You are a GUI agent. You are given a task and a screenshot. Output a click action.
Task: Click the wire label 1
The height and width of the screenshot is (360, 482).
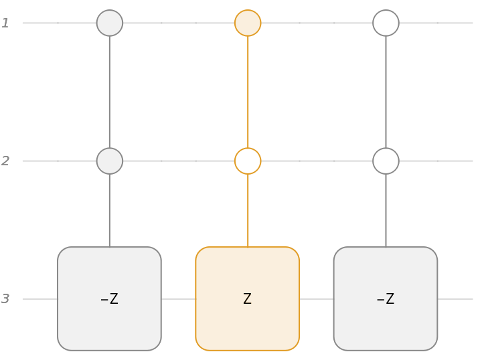click(x=5, y=23)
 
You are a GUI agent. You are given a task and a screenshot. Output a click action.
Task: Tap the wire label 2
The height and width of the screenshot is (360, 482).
click(x=5, y=161)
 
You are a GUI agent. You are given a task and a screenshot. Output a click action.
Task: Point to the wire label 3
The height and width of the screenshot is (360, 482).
click(x=5, y=299)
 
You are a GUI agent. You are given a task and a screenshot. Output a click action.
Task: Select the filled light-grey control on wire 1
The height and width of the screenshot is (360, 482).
click(x=110, y=23)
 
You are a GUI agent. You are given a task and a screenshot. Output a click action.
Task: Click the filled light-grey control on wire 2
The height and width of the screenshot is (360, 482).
click(x=110, y=161)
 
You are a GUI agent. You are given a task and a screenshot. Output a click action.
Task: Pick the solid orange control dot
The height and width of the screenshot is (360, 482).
click(x=248, y=23)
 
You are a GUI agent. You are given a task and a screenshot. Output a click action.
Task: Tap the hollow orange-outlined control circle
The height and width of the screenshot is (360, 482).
click(x=248, y=161)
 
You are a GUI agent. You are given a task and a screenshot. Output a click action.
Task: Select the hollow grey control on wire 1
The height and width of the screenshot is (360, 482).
click(x=386, y=23)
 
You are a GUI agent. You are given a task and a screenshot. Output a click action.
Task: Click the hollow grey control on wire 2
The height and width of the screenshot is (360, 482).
click(x=386, y=161)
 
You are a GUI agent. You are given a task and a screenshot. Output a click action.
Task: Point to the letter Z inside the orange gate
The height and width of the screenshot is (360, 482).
click(x=248, y=299)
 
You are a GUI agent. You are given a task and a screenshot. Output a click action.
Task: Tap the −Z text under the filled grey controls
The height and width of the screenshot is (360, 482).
click(x=109, y=299)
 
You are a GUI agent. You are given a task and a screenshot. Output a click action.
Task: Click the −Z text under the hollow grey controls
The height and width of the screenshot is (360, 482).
click(x=386, y=299)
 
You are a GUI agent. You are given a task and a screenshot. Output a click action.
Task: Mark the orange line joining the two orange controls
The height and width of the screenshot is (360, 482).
click(x=248, y=92)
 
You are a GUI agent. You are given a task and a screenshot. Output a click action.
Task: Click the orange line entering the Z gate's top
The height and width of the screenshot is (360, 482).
click(x=248, y=210)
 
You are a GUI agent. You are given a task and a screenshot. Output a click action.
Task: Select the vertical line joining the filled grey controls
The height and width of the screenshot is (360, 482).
click(x=110, y=92)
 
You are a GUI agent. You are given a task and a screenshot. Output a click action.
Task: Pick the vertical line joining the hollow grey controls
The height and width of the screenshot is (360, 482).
click(x=386, y=92)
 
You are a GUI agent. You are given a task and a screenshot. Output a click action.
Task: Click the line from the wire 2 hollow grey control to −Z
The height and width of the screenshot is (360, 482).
click(x=386, y=210)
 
